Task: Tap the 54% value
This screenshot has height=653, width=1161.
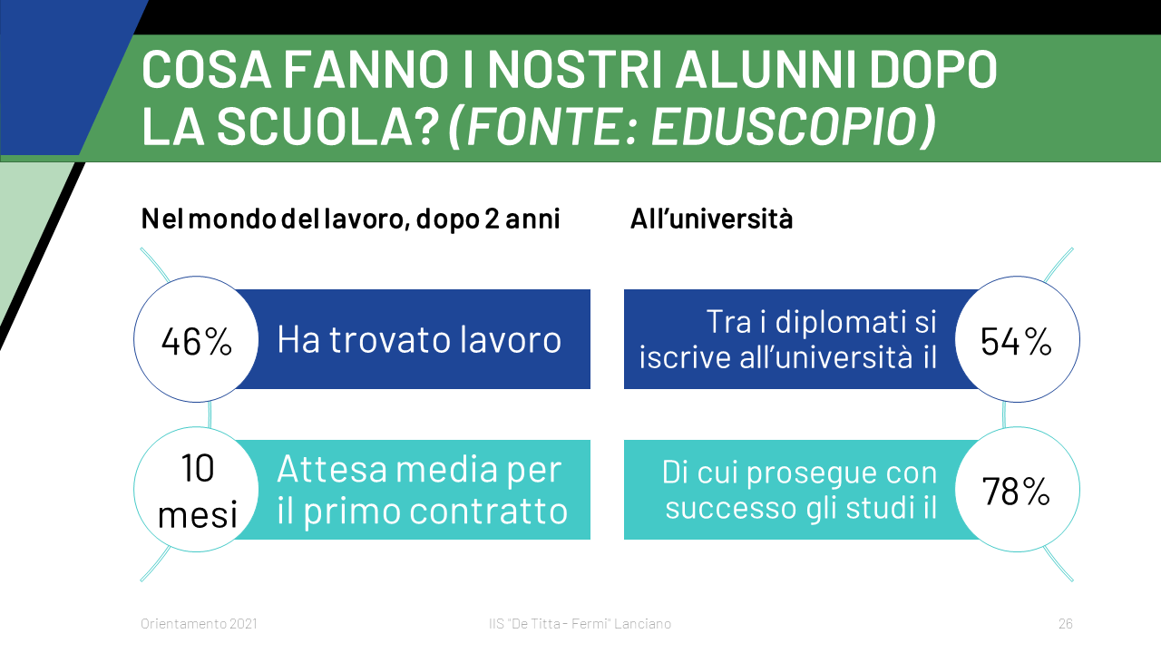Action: (x=1016, y=342)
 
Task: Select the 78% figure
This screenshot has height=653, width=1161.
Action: (x=1016, y=492)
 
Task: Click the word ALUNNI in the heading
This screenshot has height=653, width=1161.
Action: (x=766, y=70)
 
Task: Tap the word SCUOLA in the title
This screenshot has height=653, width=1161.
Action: (x=327, y=126)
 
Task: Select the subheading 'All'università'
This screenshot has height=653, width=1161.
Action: (x=711, y=219)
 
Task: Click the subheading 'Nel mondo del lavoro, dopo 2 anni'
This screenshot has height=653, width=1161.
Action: (x=350, y=219)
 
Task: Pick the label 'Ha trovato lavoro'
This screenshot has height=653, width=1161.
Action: (x=419, y=339)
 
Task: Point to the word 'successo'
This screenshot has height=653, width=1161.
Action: (x=731, y=508)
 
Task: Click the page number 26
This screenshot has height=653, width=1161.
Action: (x=1066, y=623)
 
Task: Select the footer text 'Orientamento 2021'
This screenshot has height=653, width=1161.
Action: (x=199, y=623)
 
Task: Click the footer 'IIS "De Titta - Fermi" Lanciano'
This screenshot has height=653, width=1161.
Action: (x=580, y=623)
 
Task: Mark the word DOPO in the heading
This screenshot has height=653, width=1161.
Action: (x=933, y=70)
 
